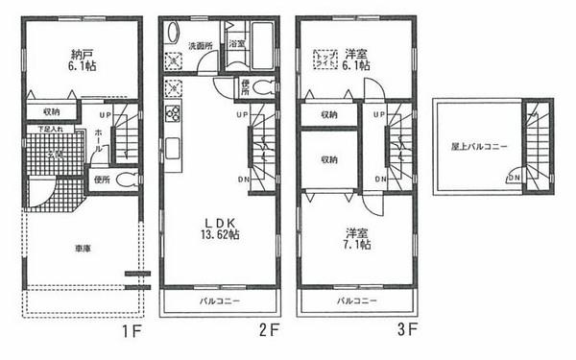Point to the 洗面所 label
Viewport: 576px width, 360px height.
tap(200, 45)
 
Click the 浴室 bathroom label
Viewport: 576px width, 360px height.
tap(237, 43)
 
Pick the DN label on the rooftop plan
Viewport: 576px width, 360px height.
tap(516, 177)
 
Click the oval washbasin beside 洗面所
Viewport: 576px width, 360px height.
tap(173, 33)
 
